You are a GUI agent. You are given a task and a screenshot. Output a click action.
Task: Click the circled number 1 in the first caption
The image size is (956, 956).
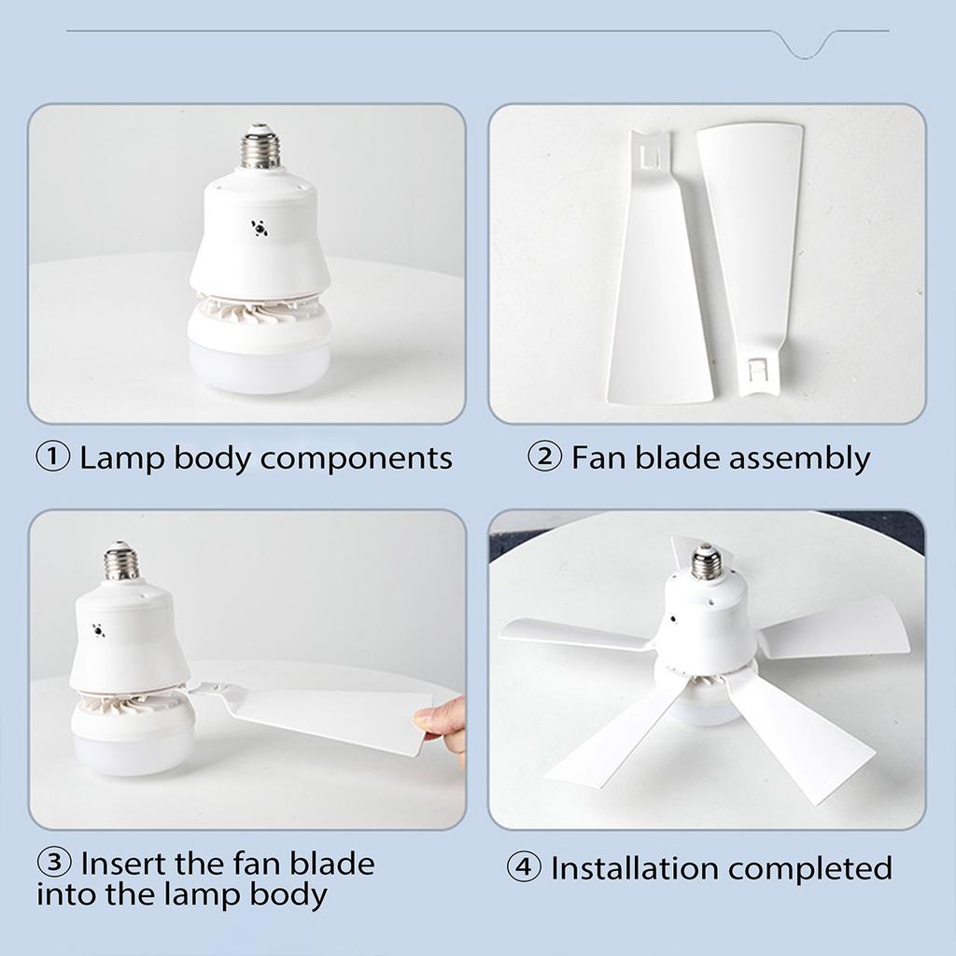click(53, 458)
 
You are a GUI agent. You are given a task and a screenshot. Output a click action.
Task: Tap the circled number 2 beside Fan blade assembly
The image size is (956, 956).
click(545, 458)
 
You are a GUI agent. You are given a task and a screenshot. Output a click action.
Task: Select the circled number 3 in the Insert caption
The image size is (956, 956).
click(54, 862)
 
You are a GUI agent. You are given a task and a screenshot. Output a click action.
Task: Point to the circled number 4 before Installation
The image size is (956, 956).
click(524, 868)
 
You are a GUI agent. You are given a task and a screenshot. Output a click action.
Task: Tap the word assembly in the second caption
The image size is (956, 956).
click(798, 458)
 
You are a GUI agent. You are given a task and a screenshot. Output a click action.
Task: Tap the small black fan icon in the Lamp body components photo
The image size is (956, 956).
click(257, 228)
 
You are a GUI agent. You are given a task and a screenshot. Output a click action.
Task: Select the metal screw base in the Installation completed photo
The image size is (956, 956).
click(707, 562)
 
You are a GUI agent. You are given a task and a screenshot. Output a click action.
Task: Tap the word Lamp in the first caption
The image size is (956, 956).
click(117, 458)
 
